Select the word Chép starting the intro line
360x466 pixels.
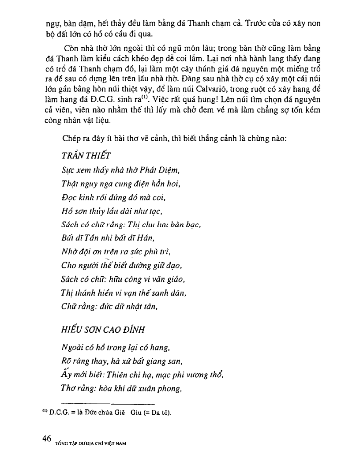tap(71, 139)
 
